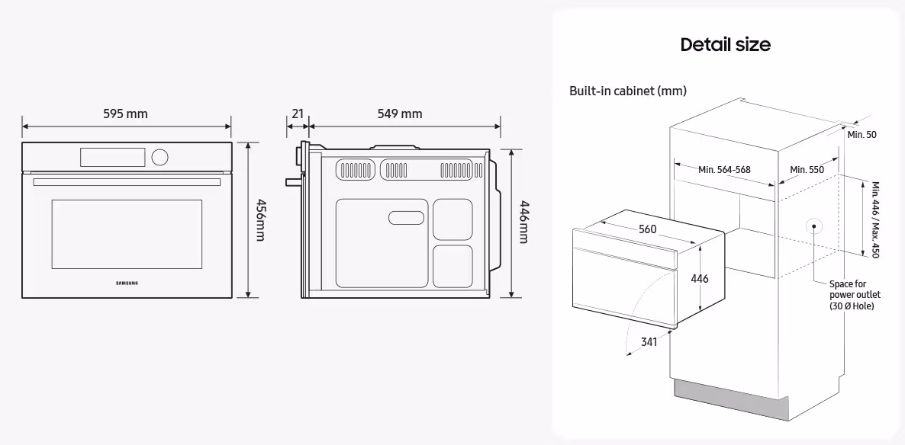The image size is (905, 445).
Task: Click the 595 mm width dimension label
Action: (125, 114)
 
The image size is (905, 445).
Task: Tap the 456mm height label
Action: (260, 221)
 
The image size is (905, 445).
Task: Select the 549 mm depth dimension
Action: (400, 114)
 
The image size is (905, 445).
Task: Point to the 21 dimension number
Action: (298, 114)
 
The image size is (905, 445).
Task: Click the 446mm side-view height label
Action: (523, 222)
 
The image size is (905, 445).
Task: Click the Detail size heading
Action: (725, 44)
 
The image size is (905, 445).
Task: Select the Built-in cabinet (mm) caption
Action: (627, 91)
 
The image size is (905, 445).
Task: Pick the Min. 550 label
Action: (807, 169)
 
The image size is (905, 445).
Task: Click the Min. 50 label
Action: (862, 134)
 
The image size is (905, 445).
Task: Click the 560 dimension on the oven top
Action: (647, 229)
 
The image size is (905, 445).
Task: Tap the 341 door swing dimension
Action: (649, 342)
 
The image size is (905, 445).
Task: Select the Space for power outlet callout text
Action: (854, 294)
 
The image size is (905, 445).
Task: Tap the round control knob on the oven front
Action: (159, 157)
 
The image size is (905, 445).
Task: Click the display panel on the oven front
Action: (111, 156)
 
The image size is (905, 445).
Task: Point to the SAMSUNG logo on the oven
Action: (127, 283)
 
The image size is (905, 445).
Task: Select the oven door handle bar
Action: (127, 182)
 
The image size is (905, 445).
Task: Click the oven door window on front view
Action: (127, 233)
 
